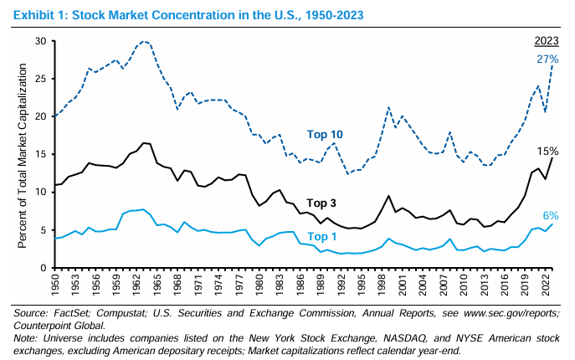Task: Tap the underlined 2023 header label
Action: (547, 42)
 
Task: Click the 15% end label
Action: (547, 151)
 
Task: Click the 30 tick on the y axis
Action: (41, 41)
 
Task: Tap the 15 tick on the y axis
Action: (41, 155)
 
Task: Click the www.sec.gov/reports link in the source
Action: (489, 313)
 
